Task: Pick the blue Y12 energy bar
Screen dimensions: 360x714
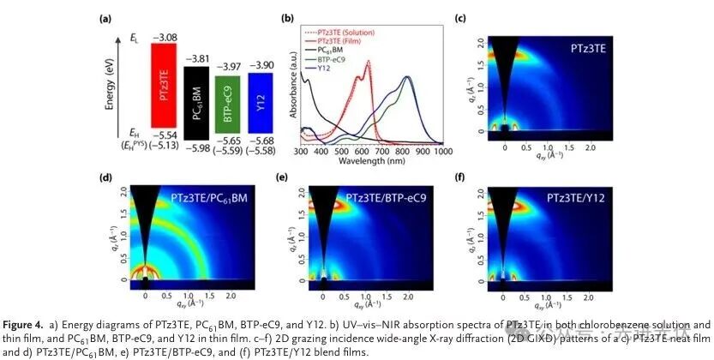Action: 261,100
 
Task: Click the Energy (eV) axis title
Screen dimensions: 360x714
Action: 109,87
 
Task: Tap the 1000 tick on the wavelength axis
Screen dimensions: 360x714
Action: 441,151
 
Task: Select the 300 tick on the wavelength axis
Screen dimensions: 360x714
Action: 301,151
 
